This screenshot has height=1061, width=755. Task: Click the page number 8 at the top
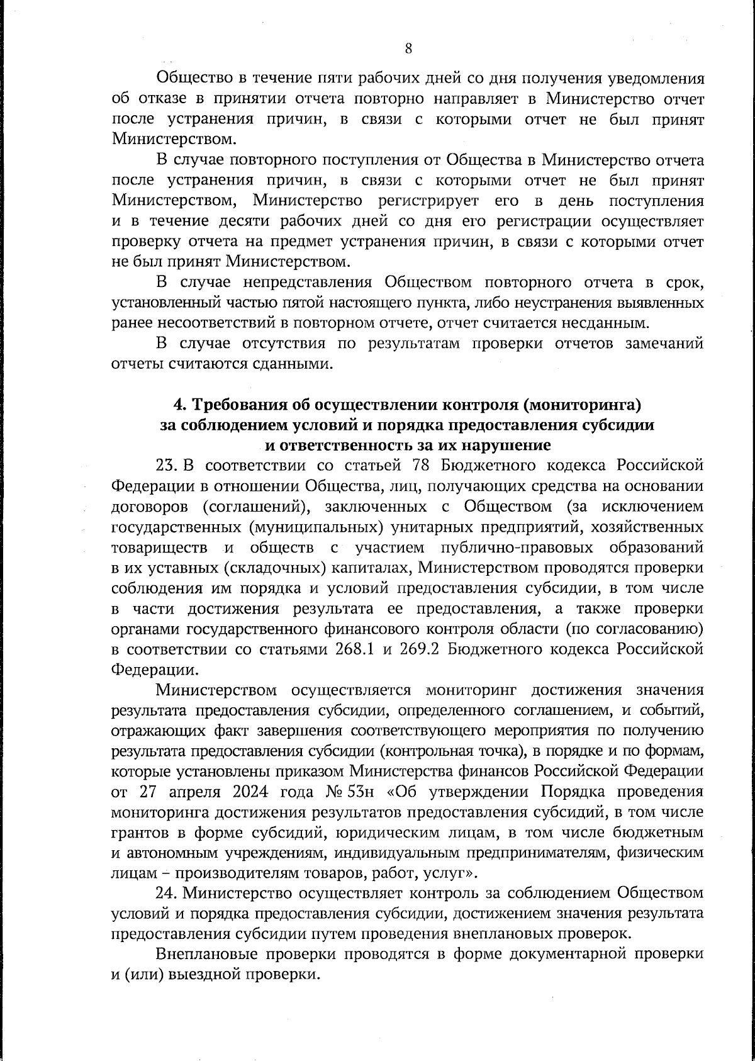click(408, 48)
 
